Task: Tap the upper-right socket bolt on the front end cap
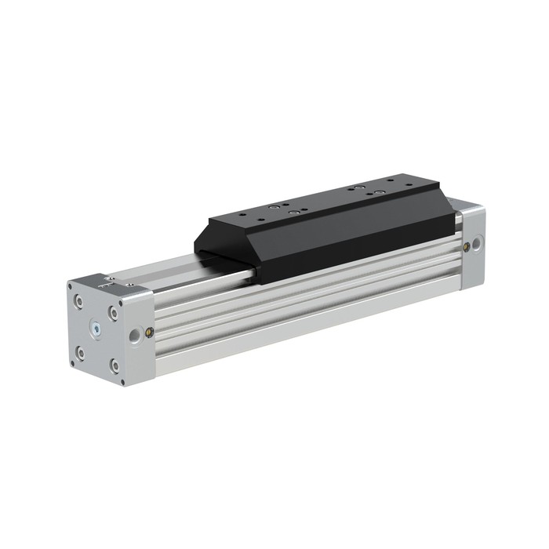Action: coord(115,311)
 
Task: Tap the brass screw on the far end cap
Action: coord(468,245)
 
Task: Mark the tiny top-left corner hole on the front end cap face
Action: coord(69,287)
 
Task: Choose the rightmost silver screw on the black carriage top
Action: coord(378,193)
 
